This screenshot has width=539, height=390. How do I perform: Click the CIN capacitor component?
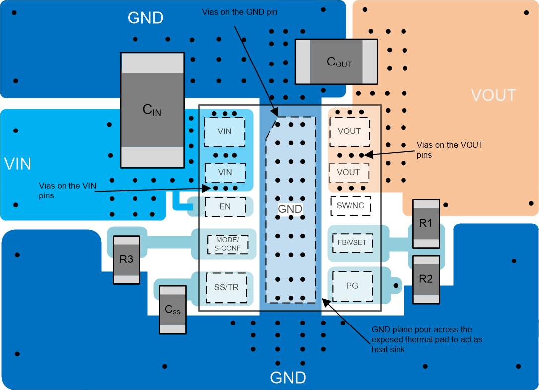click(x=152, y=110)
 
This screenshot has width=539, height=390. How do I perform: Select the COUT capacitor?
click(x=336, y=62)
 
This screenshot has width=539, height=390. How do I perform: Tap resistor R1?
click(x=426, y=223)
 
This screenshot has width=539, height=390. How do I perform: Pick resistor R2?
click(x=426, y=279)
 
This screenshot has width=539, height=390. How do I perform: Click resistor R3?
click(x=127, y=259)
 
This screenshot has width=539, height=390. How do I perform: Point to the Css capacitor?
click(x=172, y=310)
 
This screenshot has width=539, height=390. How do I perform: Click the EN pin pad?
click(x=225, y=206)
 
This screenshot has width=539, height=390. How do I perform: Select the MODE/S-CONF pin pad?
click(x=227, y=243)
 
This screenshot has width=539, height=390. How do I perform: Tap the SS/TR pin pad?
click(x=227, y=287)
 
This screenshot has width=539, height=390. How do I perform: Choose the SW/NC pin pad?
click(x=350, y=205)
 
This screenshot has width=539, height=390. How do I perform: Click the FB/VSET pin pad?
click(x=352, y=243)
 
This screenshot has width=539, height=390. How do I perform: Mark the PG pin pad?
click(x=352, y=286)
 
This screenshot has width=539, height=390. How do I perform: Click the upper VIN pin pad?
click(x=225, y=131)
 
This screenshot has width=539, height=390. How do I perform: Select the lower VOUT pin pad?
click(x=348, y=172)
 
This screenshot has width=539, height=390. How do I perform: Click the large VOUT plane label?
click(x=493, y=95)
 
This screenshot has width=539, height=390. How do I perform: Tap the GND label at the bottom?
click(x=288, y=378)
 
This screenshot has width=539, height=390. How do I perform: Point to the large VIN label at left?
click(x=18, y=164)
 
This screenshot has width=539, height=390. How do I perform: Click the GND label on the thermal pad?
click(x=290, y=209)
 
